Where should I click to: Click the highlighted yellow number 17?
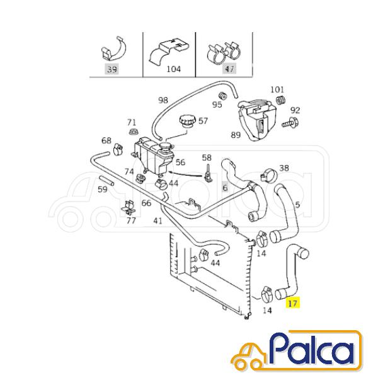pos(292,303)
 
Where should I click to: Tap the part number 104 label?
pos(174,69)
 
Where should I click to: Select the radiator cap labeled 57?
pos(186,122)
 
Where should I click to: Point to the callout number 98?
pos(163,100)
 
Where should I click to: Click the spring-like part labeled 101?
pos(280,100)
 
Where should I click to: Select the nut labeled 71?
pos(132,132)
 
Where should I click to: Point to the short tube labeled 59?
pos(106,181)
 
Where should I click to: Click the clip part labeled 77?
pos(129,207)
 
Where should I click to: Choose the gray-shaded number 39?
pos(112,69)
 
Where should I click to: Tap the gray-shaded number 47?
pos(229,69)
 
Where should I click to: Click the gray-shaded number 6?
pos(225,186)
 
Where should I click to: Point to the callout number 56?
pos(180,162)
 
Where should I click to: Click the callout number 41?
pos(157,220)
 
